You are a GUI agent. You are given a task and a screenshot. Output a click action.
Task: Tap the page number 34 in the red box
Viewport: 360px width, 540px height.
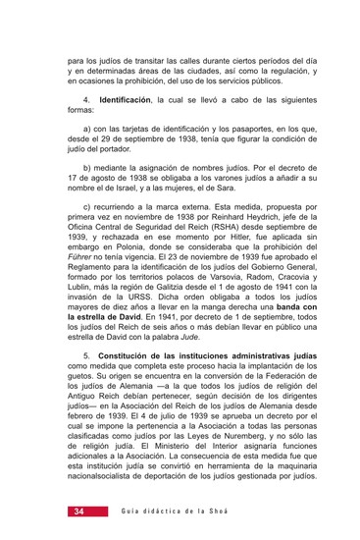tap(78, 512)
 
